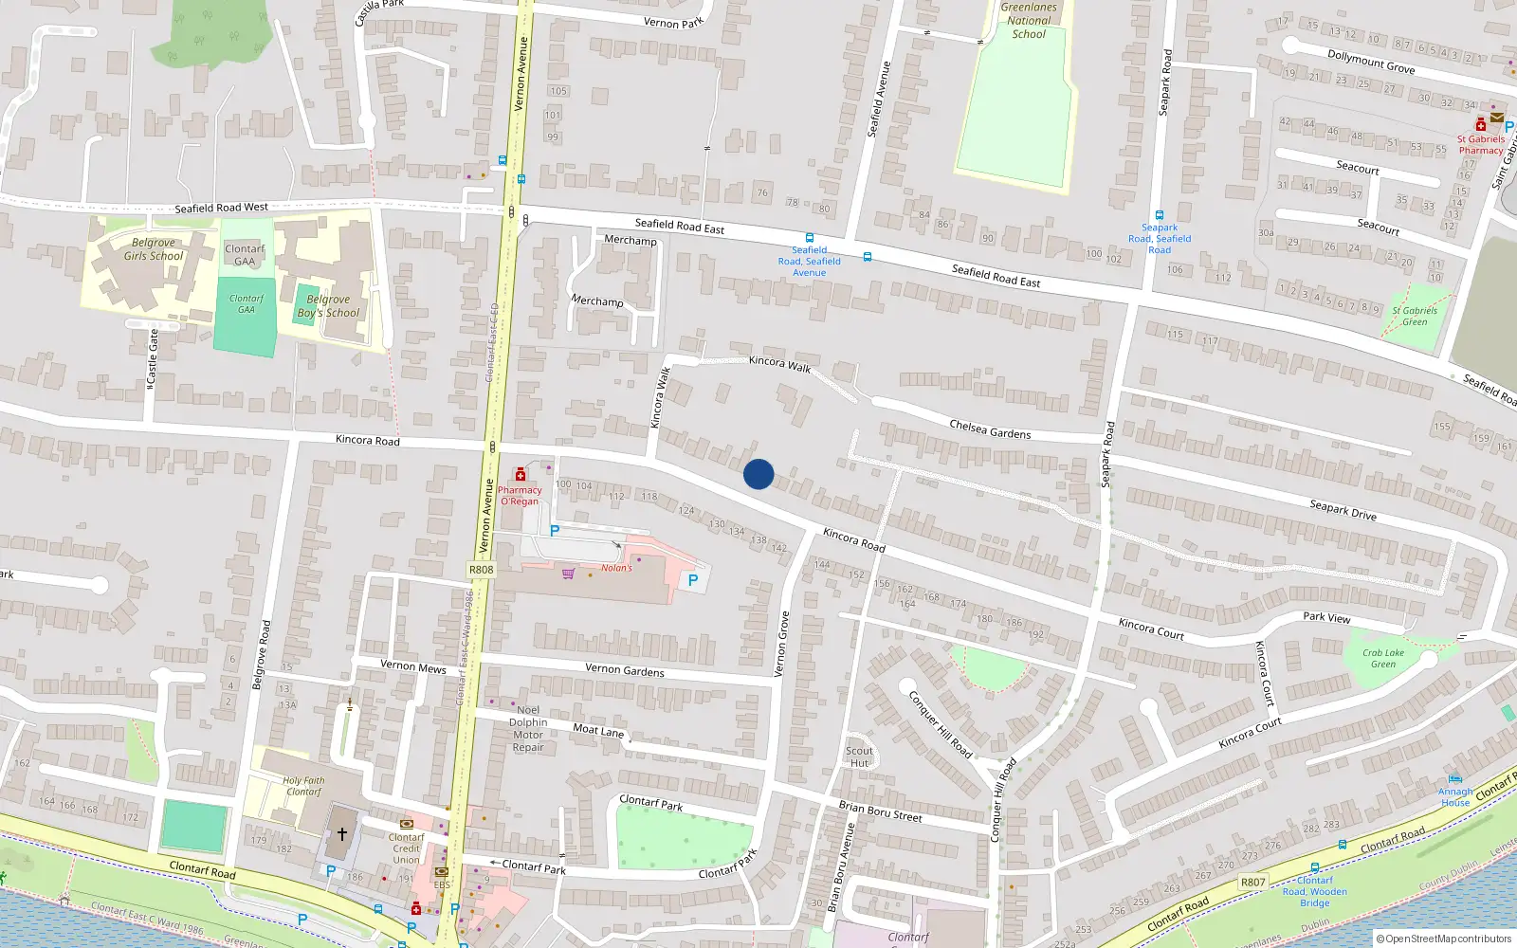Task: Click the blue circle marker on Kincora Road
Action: click(758, 474)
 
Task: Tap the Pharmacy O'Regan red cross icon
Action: click(520, 474)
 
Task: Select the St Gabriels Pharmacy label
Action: click(1481, 144)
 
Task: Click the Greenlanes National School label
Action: click(1029, 20)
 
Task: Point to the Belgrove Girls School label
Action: click(153, 249)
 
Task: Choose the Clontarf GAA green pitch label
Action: click(247, 303)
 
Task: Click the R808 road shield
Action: click(481, 570)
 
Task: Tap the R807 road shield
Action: click(1252, 882)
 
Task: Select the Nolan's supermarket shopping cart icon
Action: click(568, 574)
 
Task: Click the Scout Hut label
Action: click(860, 757)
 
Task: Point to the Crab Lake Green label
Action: click(1383, 658)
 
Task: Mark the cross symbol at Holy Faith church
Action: click(342, 834)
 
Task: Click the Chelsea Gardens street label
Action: click(990, 429)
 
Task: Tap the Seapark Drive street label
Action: click(1343, 510)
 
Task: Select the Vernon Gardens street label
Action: click(625, 669)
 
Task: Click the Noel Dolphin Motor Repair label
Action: click(528, 728)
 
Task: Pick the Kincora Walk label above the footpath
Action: click(779, 363)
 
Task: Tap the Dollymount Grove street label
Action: click(1371, 62)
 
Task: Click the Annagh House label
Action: click(1455, 797)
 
